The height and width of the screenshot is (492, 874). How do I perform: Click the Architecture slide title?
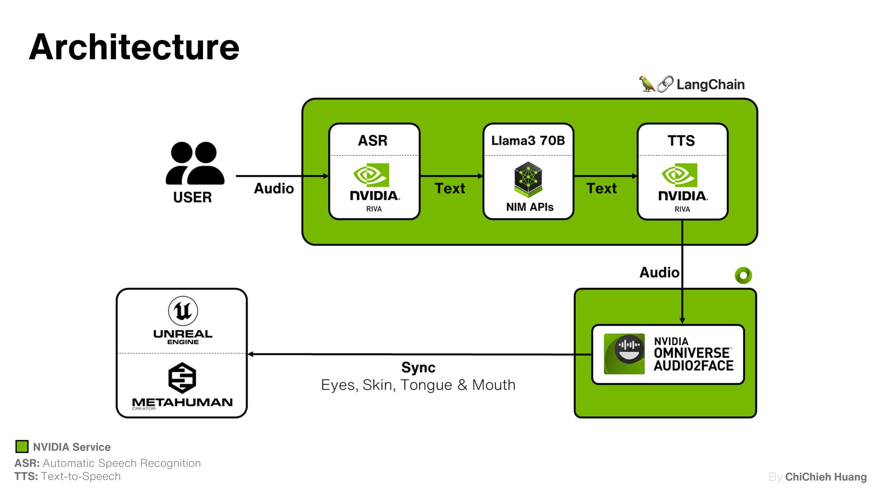click(x=134, y=47)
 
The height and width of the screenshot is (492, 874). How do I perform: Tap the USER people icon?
click(x=195, y=163)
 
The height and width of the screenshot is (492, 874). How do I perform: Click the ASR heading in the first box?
click(x=372, y=140)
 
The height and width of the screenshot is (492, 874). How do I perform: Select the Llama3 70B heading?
click(x=528, y=140)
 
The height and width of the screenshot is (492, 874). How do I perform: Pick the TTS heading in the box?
click(x=681, y=140)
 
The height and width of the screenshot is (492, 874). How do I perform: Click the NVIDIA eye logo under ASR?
click(x=371, y=175)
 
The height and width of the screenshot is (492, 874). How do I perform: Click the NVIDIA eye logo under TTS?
click(x=680, y=175)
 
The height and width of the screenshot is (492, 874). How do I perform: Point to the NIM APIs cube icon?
click(x=528, y=179)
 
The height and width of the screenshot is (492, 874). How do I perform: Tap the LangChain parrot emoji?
click(x=646, y=84)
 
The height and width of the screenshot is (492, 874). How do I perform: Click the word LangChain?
click(x=710, y=84)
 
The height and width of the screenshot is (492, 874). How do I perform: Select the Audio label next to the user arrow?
click(x=274, y=188)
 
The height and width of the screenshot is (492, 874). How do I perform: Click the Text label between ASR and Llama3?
click(x=450, y=188)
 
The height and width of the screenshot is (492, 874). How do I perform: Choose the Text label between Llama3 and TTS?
click(x=601, y=188)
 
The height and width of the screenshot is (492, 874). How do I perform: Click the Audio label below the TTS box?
click(x=659, y=272)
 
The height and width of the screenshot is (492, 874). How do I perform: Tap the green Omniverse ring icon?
click(x=743, y=275)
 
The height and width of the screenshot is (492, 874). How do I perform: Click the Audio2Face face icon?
click(x=624, y=354)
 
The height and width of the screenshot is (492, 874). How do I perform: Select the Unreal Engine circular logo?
click(x=183, y=311)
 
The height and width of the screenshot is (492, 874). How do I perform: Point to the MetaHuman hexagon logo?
click(x=182, y=378)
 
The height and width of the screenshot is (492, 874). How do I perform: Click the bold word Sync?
click(x=418, y=367)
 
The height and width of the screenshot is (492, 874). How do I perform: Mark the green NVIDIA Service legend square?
click(x=22, y=446)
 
